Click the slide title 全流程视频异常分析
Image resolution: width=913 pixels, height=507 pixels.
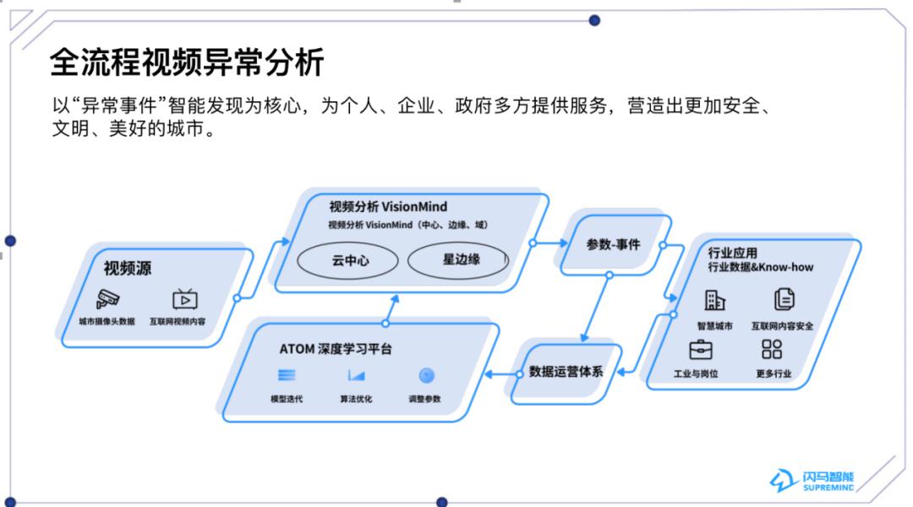point(187,63)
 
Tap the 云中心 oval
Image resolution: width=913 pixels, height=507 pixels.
point(350,260)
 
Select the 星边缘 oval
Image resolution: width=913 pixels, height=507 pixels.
point(460,259)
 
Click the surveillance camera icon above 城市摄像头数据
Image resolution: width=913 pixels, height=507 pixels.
point(107,298)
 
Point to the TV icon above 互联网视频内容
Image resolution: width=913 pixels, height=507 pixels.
point(185,299)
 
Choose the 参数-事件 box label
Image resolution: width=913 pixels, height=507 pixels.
point(614,244)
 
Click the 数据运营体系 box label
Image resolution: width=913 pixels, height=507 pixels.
point(566,371)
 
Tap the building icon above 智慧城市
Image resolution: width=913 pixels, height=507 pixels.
point(715,300)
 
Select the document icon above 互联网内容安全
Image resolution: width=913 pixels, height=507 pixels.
point(784,299)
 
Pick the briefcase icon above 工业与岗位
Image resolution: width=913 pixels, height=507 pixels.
point(700,349)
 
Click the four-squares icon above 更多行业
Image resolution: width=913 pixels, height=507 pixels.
point(772,349)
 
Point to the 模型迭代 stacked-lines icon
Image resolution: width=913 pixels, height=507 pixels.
point(287,375)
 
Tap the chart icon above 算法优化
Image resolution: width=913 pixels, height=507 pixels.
point(356,375)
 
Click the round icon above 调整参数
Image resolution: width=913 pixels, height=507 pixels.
point(426,375)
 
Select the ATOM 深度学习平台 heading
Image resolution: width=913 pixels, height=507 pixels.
point(336,349)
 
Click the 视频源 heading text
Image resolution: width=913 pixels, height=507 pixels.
point(128,269)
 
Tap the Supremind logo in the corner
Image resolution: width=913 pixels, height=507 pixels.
point(812,481)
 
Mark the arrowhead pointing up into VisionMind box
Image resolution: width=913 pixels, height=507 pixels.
point(392,300)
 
